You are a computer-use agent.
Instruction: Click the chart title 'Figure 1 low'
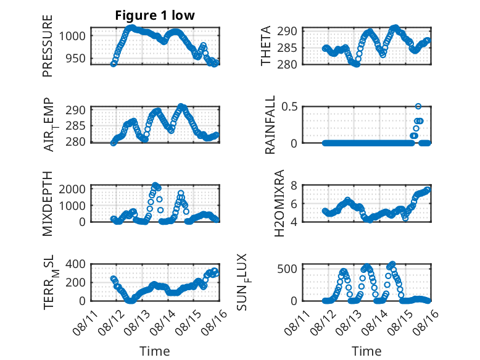coord(155,15)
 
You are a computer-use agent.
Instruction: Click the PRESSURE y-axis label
coord(48,46)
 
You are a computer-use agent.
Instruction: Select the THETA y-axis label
coord(266,46)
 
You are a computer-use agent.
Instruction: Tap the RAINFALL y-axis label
coord(270,125)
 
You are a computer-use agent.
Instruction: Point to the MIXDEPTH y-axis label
coord(48,204)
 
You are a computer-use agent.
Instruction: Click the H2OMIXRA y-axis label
coord(279,203)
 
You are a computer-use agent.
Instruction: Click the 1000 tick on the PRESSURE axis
coord(72,36)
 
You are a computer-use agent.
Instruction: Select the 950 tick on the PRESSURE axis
coord(76,58)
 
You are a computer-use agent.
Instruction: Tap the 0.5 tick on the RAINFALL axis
coord(289,107)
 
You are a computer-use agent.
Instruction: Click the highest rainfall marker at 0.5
coord(418,106)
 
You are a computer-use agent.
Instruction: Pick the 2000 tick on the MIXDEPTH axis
coord(72,189)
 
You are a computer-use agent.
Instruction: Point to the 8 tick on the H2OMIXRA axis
coord(294,185)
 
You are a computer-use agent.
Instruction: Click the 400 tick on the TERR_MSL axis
coord(76,264)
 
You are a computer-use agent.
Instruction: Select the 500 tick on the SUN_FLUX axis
coord(288,269)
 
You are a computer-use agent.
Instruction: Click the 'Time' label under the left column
coord(155,351)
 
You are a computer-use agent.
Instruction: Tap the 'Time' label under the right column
coord(366,351)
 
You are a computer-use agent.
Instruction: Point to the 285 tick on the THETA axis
coord(288,48)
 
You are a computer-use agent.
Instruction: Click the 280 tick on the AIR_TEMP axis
coord(76,142)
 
